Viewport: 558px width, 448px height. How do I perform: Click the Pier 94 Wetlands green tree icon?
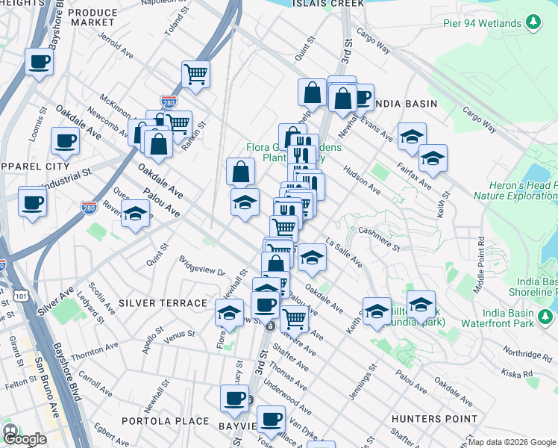point(533,23)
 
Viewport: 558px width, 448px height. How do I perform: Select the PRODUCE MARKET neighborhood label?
point(93,18)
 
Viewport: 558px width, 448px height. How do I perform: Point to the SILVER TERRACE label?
point(162,303)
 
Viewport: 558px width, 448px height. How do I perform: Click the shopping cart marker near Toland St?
point(195,74)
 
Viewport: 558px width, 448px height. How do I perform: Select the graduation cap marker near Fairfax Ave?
point(433,158)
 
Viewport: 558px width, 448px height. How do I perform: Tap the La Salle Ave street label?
point(345,252)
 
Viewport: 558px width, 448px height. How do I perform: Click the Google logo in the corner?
point(24,438)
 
